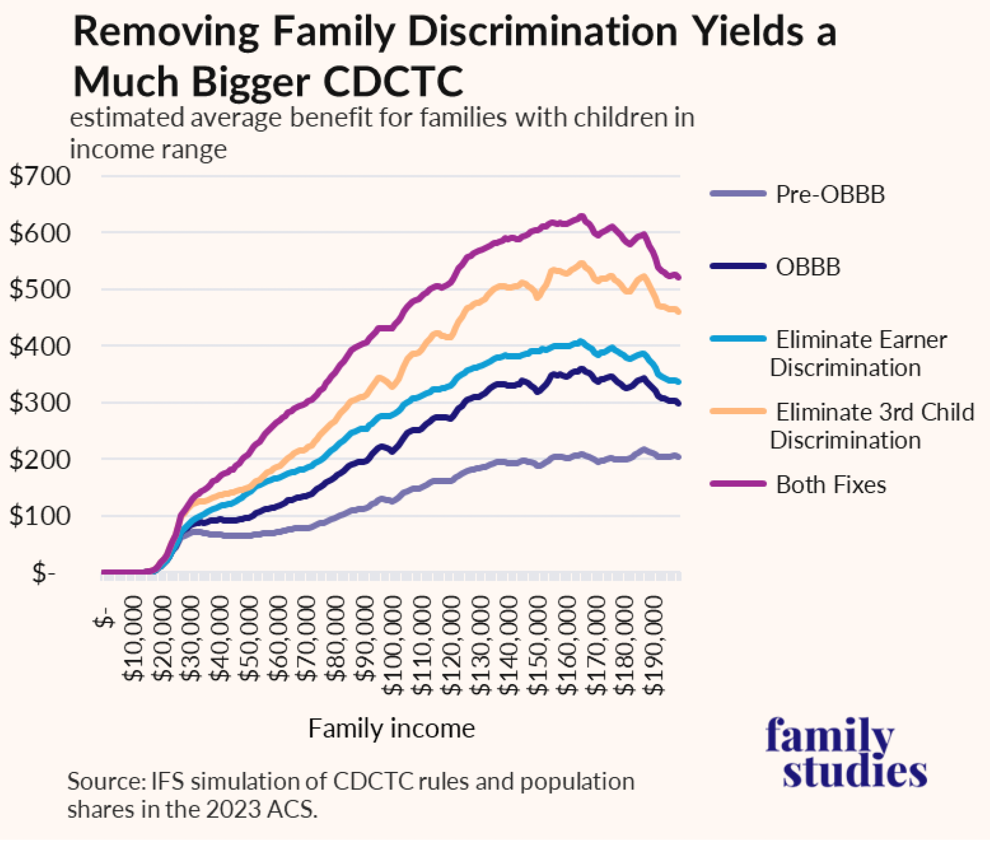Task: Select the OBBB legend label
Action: point(808,267)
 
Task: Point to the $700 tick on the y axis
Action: point(40,176)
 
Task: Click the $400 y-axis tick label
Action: point(40,346)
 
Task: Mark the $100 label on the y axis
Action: point(40,516)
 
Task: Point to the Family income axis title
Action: point(391,728)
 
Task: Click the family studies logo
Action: point(847,753)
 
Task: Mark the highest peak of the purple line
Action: point(581,216)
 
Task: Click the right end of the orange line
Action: point(679,312)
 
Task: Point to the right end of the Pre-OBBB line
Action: point(678,457)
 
